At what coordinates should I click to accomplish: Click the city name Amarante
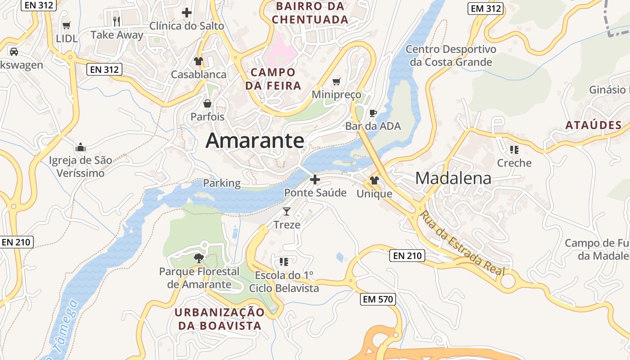click(x=255, y=141)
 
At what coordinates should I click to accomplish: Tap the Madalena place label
click(x=453, y=178)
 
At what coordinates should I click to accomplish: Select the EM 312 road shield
click(x=485, y=8)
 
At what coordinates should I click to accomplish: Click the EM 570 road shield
click(x=378, y=299)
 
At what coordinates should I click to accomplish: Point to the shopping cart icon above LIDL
click(x=67, y=25)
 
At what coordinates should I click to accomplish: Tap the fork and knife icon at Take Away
click(x=117, y=21)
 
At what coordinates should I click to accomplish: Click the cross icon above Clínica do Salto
click(x=186, y=13)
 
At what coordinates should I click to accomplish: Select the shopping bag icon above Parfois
click(x=207, y=104)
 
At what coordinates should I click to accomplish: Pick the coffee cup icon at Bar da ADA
click(x=373, y=113)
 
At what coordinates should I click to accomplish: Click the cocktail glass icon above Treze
click(x=287, y=211)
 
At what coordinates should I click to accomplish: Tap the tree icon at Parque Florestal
click(x=198, y=258)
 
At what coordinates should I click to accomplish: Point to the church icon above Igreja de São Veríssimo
click(x=81, y=147)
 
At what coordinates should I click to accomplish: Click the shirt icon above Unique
click(x=374, y=180)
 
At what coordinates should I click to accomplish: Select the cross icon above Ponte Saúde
click(x=315, y=180)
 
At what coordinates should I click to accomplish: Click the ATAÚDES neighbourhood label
click(x=594, y=125)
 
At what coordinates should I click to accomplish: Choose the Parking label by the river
click(x=222, y=183)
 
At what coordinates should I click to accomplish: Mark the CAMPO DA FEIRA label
click(x=273, y=79)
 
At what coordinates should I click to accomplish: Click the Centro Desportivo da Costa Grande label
click(x=451, y=55)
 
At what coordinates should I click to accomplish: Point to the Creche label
click(x=514, y=163)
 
